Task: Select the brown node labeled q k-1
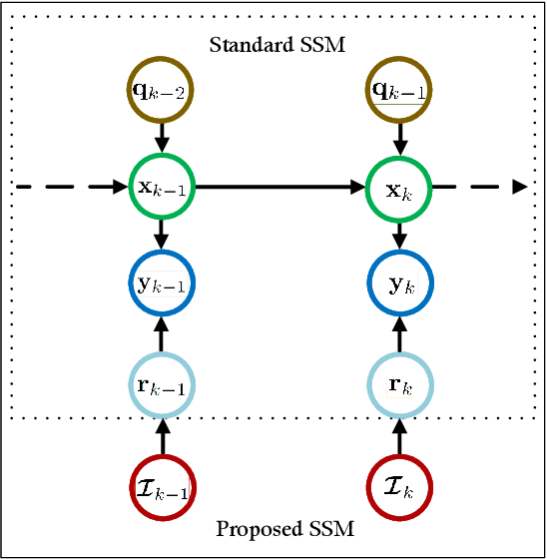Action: pyautogui.click(x=399, y=91)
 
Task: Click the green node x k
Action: pyautogui.click(x=399, y=186)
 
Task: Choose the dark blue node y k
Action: pyautogui.click(x=399, y=283)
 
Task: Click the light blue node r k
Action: pyautogui.click(x=399, y=384)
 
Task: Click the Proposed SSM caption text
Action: pyautogui.click(x=284, y=528)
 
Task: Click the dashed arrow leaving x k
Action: pyautogui.click(x=479, y=186)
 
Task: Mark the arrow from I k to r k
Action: pyautogui.click(x=399, y=436)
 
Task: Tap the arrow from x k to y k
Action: pyautogui.click(x=399, y=235)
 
